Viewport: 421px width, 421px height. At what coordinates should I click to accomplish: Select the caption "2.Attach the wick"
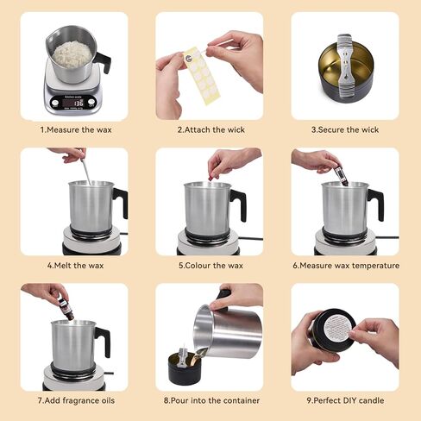[210, 129]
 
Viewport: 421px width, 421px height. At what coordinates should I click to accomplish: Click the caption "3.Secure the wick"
[345, 129]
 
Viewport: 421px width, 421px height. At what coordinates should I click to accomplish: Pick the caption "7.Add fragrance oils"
[73, 400]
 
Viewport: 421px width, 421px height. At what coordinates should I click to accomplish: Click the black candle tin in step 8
[185, 369]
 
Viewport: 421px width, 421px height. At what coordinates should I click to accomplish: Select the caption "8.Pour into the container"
[210, 400]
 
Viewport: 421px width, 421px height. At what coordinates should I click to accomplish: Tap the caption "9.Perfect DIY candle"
[345, 400]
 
